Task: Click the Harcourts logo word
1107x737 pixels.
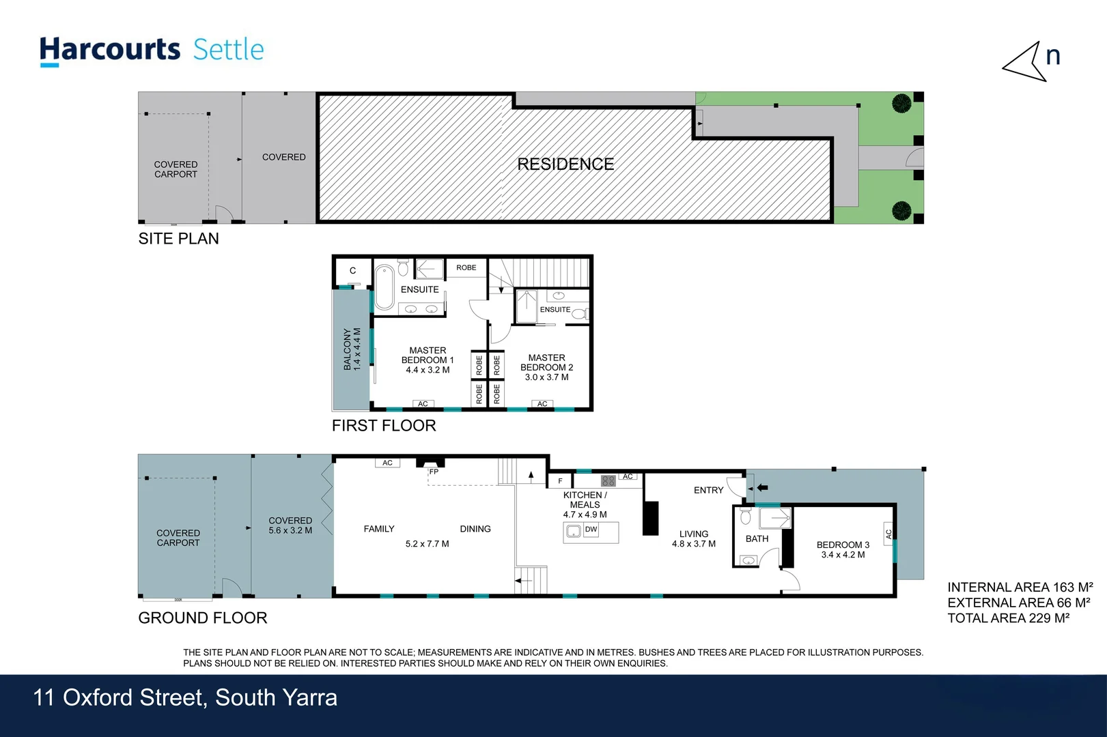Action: click(109, 50)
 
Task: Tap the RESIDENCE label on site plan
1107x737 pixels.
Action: click(565, 164)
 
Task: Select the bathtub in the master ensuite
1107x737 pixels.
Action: click(384, 287)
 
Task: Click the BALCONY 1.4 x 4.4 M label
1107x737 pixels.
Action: click(352, 349)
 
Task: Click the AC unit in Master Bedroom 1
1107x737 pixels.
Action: click(423, 404)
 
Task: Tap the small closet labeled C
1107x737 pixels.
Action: click(352, 271)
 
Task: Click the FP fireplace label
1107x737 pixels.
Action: click(434, 472)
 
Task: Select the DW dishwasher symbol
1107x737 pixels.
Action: click(591, 530)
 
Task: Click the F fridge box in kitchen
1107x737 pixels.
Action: click(560, 481)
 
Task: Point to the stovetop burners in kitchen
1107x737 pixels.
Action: click(608, 481)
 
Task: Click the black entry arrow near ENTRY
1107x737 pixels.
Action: click(762, 488)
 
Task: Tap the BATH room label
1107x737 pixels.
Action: click(757, 539)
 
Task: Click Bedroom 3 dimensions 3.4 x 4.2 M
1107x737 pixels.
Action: click(843, 555)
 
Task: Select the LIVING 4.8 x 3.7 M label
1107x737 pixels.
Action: click(694, 539)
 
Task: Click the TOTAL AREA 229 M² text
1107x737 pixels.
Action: click(1008, 618)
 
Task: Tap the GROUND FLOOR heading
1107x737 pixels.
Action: click(203, 618)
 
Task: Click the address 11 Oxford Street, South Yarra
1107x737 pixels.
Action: click(185, 698)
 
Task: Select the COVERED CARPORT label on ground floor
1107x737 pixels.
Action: click(178, 538)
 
